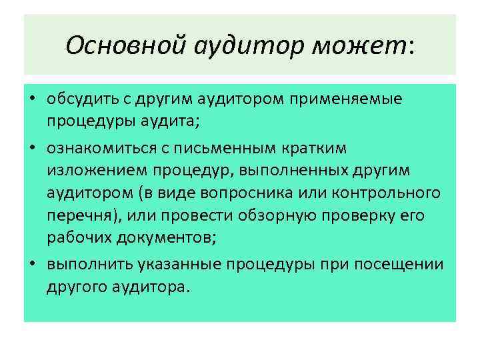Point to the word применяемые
point(357,100)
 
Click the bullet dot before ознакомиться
point(31,147)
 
